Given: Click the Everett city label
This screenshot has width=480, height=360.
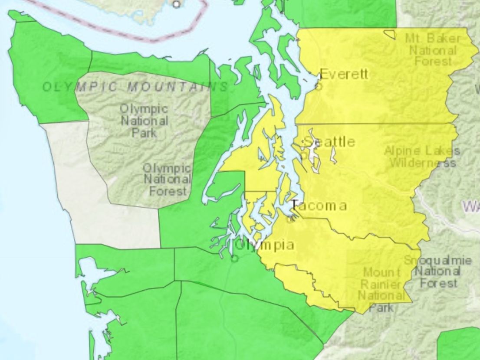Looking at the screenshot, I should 344,74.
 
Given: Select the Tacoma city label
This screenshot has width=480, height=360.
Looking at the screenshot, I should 319,205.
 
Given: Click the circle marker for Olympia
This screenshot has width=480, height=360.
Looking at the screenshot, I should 235,259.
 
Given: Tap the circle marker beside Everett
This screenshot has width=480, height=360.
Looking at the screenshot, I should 319,86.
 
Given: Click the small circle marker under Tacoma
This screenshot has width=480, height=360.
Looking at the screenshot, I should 290,219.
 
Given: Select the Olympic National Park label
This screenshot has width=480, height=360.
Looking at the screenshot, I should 144,120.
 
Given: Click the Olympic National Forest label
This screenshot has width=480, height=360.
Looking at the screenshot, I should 167,179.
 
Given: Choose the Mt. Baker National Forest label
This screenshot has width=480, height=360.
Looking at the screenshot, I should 432,49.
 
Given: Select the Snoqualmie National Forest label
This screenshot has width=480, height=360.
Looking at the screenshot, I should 437,272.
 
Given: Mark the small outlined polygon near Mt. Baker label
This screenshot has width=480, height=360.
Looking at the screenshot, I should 390,34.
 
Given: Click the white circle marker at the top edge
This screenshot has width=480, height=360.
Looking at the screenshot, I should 176,4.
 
